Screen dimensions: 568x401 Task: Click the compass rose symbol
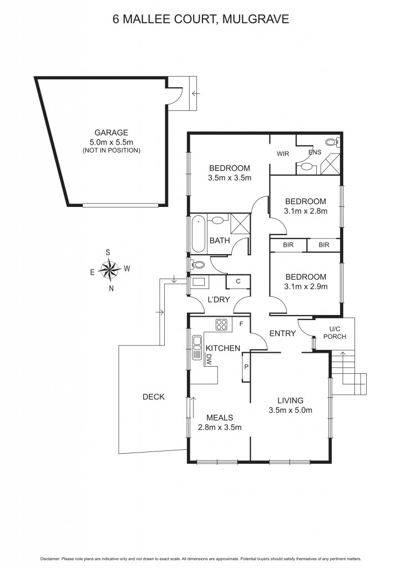tap(110, 270)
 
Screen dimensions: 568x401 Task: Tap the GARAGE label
tap(111, 133)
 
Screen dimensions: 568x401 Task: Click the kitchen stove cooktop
tap(222, 325)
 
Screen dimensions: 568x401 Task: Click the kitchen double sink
tap(196, 348)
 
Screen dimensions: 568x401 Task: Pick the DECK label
tap(154, 397)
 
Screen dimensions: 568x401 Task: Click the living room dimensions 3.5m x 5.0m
tap(291, 410)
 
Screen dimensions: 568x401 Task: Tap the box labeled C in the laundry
tap(238, 282)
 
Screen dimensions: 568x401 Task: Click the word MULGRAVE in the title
tap(256, 20)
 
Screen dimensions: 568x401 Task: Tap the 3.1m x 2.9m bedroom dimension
tap(306, 287)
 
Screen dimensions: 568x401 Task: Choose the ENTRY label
tap(282, 333)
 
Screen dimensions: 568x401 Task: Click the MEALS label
tap(219, 418)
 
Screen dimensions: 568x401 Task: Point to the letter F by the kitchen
tap(241, 323)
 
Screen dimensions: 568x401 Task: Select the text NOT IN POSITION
tap(111, 150)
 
